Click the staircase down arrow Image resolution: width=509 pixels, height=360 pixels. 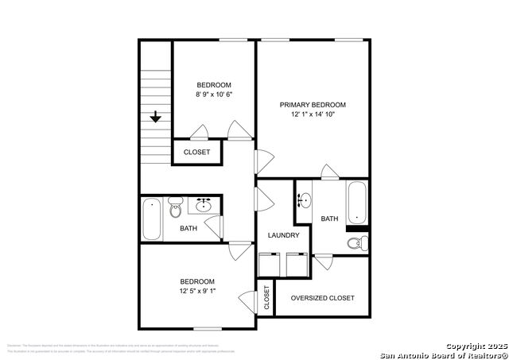[156, 117]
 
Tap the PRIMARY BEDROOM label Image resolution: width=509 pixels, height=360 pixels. [313, 105]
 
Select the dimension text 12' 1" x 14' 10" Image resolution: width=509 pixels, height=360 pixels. [313, 115]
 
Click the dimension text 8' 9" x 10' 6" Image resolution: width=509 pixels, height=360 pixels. [214, 95]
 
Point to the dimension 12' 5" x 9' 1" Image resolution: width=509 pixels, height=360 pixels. [196, 292]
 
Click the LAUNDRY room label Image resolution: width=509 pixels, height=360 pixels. [283, 235]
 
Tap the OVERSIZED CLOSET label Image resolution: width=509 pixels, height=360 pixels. [322, 298]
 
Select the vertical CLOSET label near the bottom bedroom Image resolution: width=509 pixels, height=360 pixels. [266, 297]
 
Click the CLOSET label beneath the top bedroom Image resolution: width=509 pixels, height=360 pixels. [197, 152]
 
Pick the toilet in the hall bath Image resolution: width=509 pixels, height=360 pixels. [176, 208]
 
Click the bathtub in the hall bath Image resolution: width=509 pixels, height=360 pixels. [151, 219]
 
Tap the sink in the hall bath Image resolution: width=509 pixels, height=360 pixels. [203, 206]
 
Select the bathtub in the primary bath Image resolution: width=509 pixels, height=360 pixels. [357, 203]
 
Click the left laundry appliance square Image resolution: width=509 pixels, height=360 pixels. [270, 264]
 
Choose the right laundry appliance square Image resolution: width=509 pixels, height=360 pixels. [297, 264]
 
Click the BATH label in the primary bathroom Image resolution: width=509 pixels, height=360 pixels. [330, 219]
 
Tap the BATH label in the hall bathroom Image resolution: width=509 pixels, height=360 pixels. [188, 229]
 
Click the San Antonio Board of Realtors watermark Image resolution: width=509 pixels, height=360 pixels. [443, 354]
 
